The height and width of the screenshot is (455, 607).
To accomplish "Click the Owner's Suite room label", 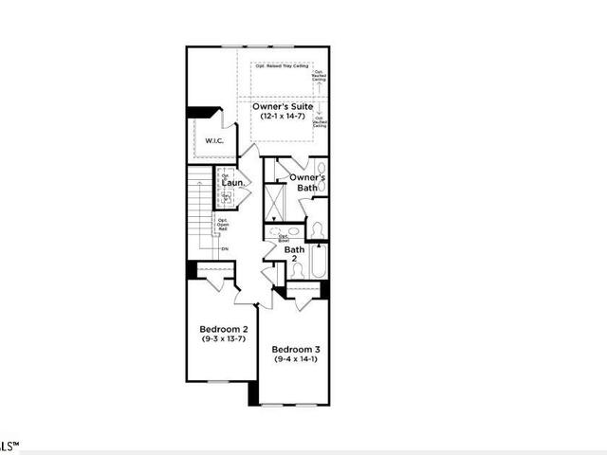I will tap(284, 107).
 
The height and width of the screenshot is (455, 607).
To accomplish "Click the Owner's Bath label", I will tap(307, 182).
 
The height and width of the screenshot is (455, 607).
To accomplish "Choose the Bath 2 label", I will tap(294, 254).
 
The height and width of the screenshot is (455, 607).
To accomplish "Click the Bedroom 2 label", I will tap(223, 329).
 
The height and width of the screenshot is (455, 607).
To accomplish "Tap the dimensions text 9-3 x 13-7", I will tap(223, 338).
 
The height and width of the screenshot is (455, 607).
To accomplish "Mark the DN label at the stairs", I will tap(225, 249).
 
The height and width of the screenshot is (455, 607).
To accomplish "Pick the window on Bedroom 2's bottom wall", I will tap(220, 381).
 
